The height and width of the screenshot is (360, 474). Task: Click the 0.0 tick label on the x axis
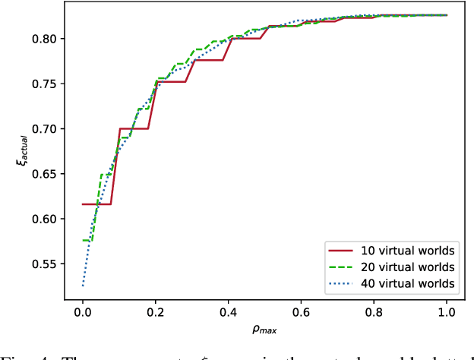tap(83, 311)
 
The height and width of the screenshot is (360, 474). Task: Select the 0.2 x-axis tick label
tap(156, 311)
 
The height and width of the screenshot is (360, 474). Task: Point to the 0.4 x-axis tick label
tap(229, 311)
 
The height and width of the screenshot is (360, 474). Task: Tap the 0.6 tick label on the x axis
tap(301, 311)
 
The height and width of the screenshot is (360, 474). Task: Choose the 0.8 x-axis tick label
tap(374, 311)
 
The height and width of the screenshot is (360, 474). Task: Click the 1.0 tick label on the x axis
tap(447, 311)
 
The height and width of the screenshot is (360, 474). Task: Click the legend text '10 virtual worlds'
tap(409, 250)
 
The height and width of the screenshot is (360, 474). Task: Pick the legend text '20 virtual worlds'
tap(409, 267)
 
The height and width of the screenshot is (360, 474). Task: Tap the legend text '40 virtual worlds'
tap(409, 283)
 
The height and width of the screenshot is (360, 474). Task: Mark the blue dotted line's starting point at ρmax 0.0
tap(83, 286)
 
